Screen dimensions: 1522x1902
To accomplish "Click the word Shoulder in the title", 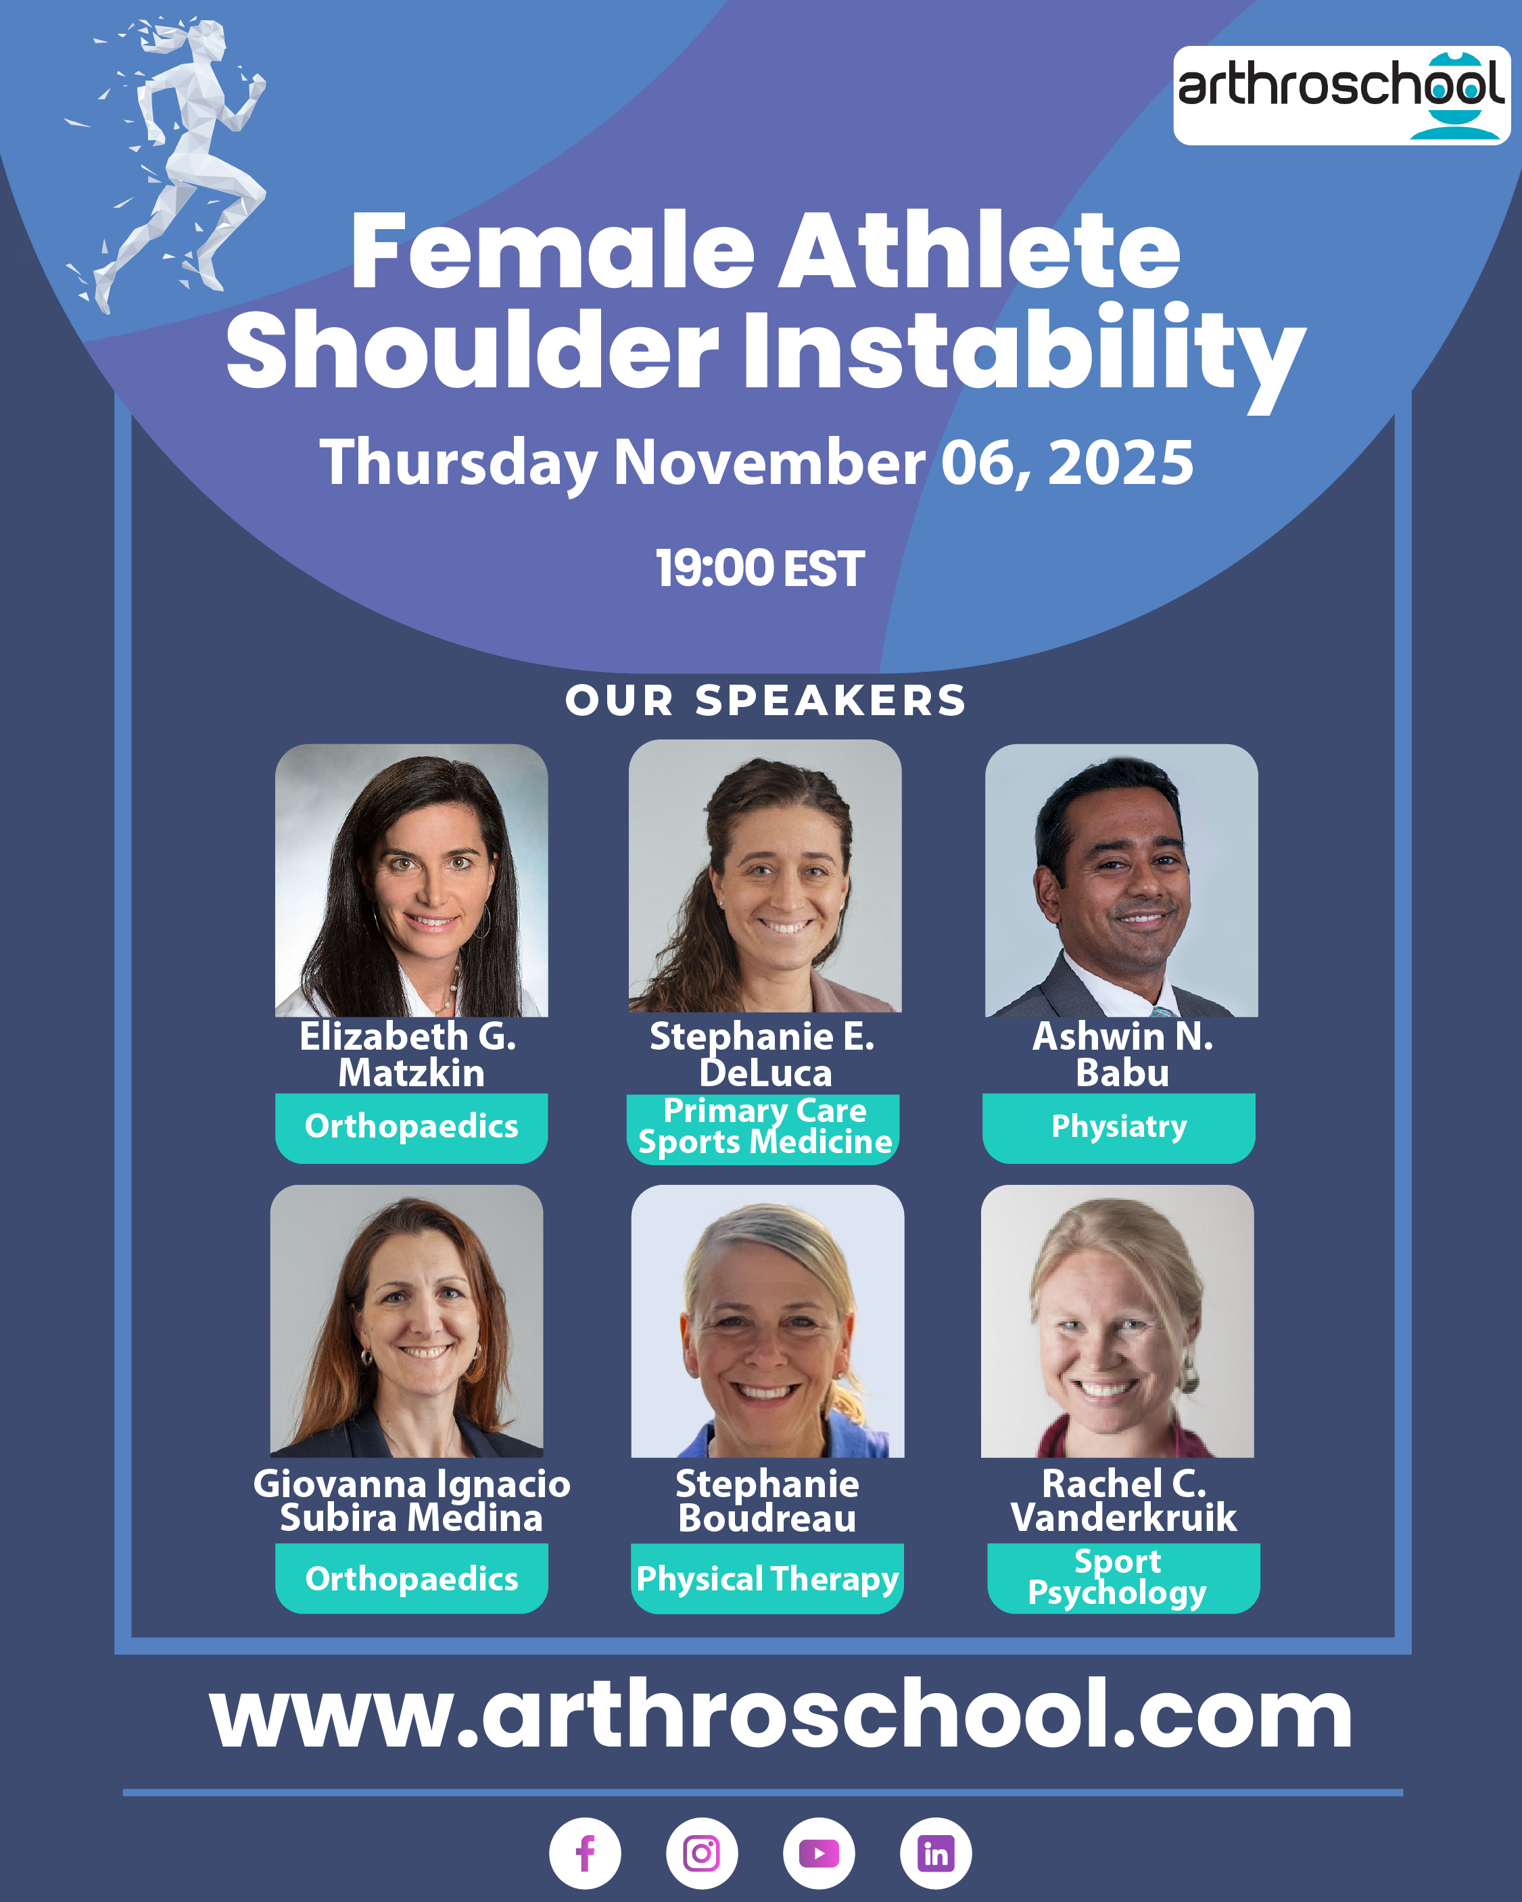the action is pos(472,349).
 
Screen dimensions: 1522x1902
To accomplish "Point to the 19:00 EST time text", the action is pos(760,568).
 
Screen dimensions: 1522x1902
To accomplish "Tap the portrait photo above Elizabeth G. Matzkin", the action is pos(411,881).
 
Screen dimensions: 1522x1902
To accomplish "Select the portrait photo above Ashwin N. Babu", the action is pos(1122,881).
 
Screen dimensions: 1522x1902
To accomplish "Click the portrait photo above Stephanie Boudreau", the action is pos(767,1321).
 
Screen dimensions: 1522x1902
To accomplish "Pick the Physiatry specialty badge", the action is pos(1119,1127).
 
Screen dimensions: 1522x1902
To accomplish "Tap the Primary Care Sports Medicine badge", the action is pos(763,1129).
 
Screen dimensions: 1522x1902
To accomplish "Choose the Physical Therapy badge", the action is pos(767,1578).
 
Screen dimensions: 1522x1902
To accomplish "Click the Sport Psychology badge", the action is pos(1123,1578).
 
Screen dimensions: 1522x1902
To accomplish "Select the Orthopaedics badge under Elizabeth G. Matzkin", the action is pos(411,1127).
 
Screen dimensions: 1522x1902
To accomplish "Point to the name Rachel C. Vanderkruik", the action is pos(1123,1500).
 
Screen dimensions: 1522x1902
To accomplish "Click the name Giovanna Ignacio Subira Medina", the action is pos(411,1500).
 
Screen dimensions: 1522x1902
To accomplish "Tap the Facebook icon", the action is pos(585,1853).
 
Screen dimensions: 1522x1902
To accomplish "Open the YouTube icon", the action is pos(819,1853).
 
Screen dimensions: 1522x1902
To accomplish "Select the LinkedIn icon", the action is pos(936,1853).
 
